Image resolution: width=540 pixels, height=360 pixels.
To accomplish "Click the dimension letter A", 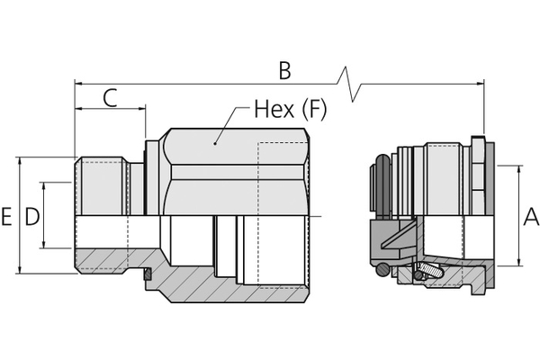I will [530, 216].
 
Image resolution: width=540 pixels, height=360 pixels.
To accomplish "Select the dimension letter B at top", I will [284, 70].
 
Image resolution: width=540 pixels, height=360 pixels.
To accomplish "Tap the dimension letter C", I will [110, 98].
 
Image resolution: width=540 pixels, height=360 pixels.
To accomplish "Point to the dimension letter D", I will [31, 217].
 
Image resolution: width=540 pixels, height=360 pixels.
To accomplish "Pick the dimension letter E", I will [7, 217].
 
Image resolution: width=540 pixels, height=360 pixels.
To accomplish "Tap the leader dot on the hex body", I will [216, 141].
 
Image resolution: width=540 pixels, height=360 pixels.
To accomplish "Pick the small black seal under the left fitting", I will [145, 275].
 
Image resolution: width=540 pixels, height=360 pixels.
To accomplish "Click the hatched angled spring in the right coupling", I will [430, 270].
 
